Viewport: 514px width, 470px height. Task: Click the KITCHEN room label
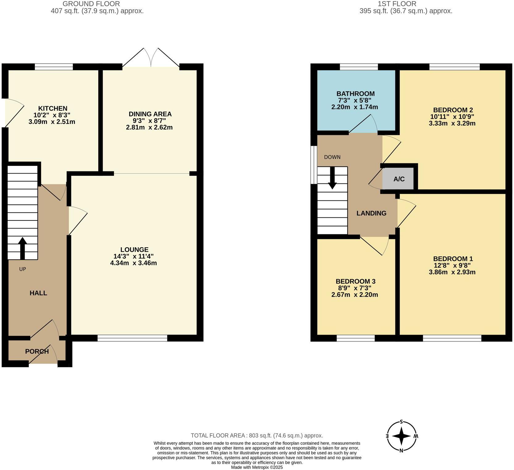(x=53, y=108)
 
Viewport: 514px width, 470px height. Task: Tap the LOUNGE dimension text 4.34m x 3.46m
(x=133, y=263)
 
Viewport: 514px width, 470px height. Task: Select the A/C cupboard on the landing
(x=398, y=179)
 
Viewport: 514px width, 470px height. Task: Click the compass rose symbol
(x=401, y=436)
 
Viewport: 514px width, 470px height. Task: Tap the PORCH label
(x=37, y=351)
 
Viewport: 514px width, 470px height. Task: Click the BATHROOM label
(x=355, y=94)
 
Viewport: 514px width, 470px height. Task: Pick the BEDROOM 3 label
(x=355, y=281)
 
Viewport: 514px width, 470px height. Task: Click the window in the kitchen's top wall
(x=54, y=67)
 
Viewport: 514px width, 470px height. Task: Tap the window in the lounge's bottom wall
(x=132, y=338)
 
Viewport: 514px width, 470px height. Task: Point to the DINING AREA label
(x=150, y=114)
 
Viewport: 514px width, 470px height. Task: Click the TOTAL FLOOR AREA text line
(x=257, y=435)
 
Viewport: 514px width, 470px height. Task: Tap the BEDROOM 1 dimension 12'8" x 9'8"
(x=453, y=265)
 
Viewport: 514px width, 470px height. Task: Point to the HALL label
(x=38, y=293)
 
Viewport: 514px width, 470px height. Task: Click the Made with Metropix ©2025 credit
(x=257, y=467)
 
